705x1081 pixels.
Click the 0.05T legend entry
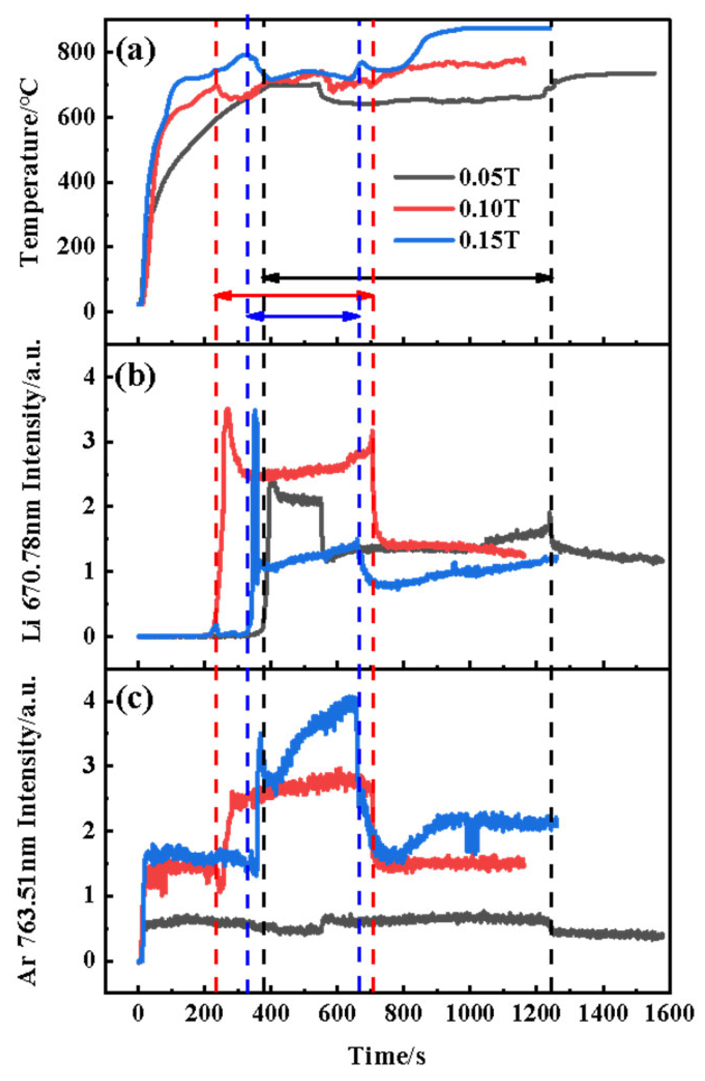click(489, 177)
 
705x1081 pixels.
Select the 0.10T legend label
click(489, 208)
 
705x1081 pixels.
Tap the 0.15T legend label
click(489, 240)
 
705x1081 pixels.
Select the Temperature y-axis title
click(29, 172)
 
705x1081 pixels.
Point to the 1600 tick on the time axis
click(669, 1013)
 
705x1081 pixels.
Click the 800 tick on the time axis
click(404, 1013)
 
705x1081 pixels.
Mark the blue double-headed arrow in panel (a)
click(303, 316)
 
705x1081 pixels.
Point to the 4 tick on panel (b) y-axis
click(90, 377)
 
